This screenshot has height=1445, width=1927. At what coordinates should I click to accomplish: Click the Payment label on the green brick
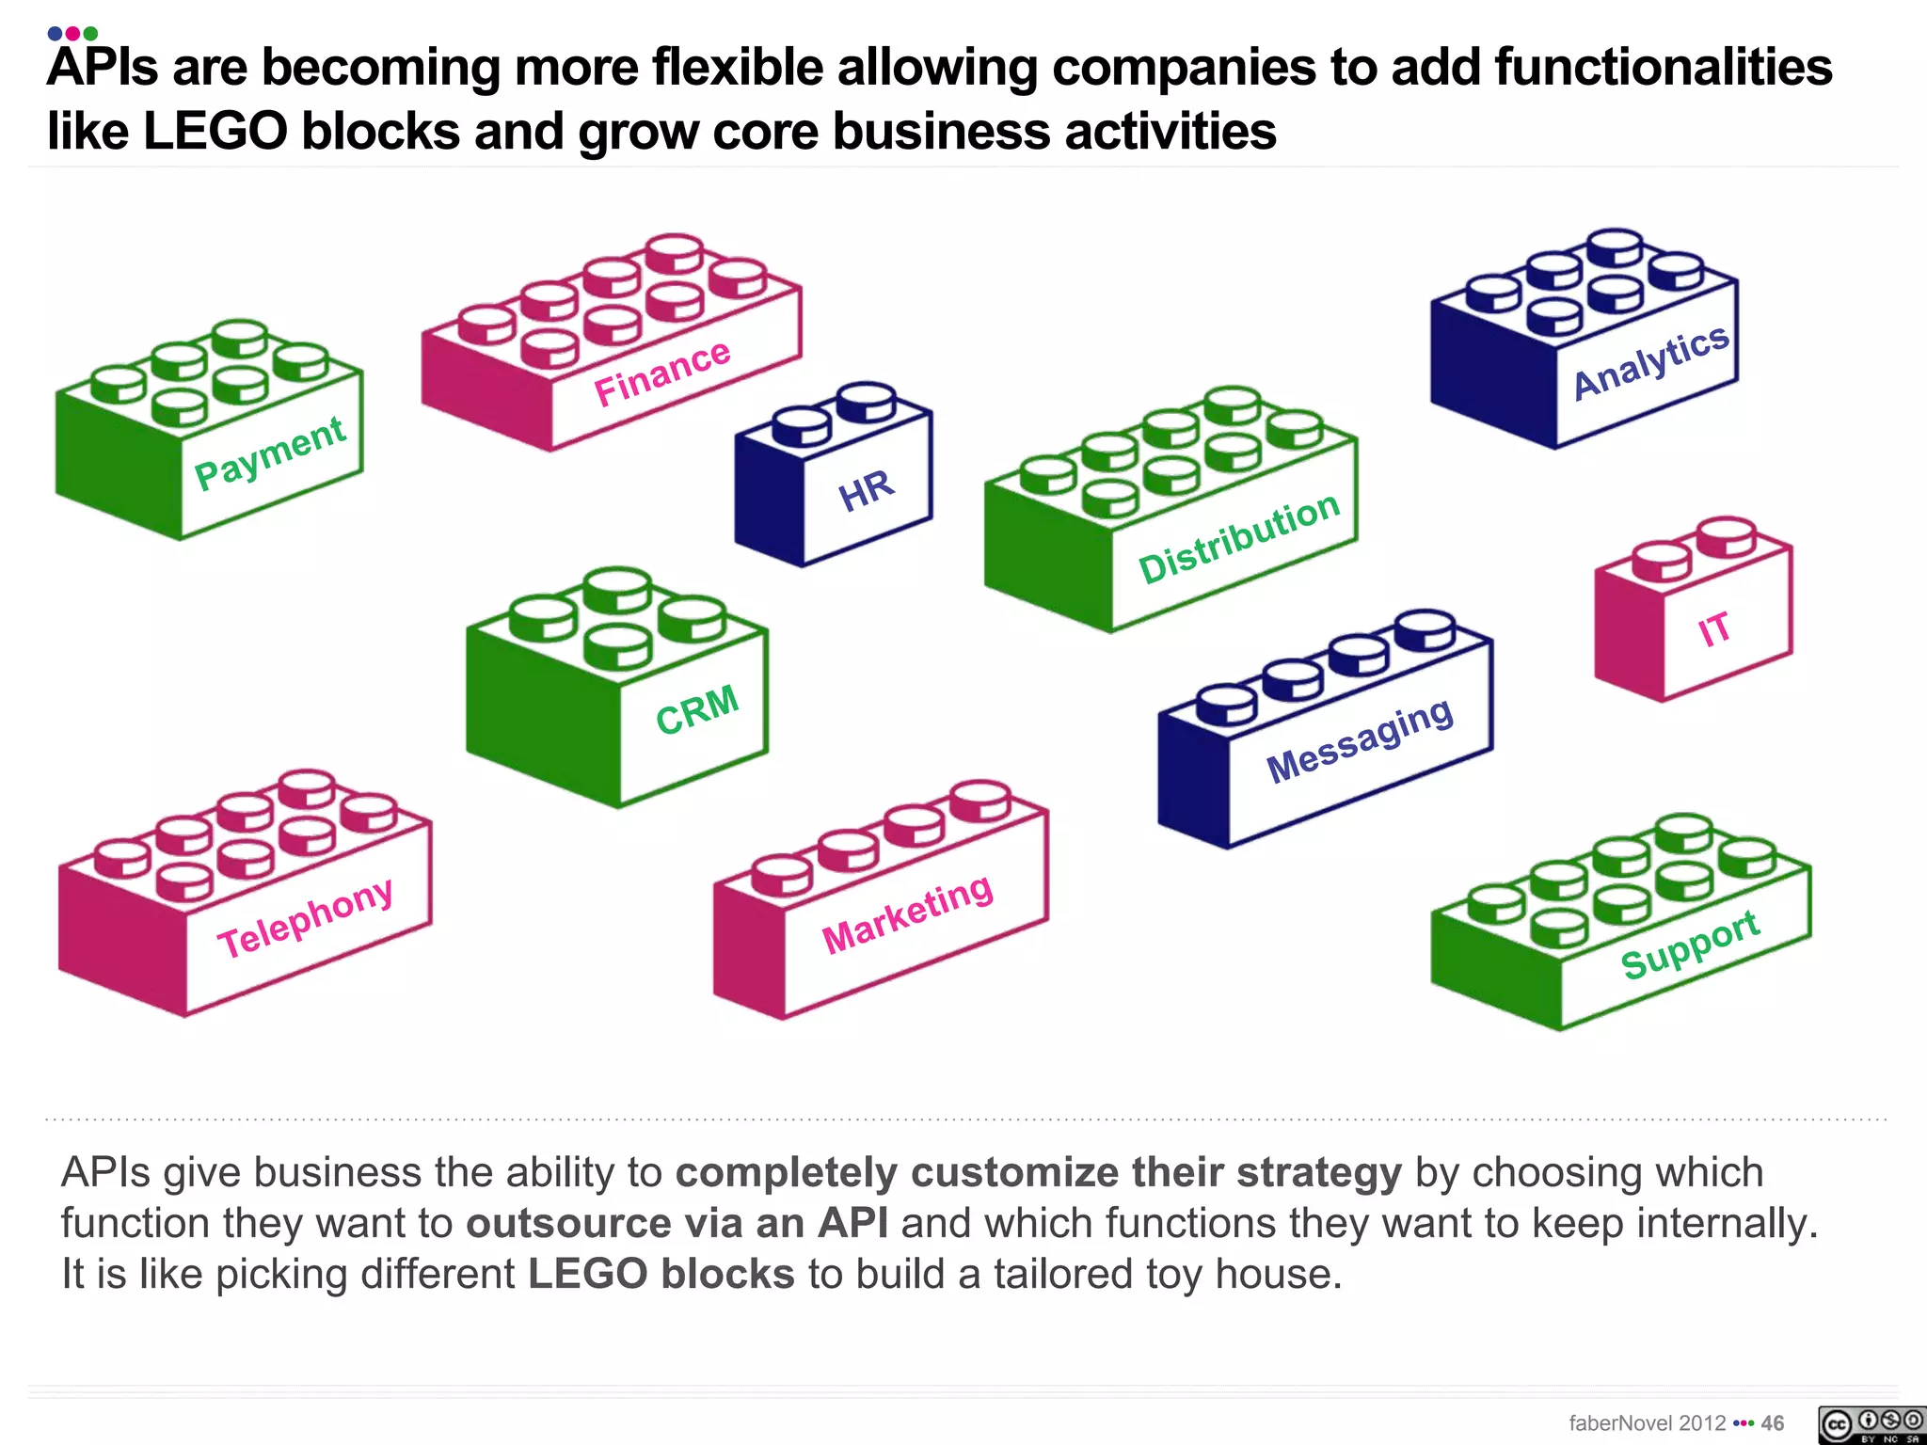270,453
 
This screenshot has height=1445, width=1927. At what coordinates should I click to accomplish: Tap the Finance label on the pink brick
662,373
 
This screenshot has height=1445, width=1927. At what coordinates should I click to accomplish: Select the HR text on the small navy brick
866,490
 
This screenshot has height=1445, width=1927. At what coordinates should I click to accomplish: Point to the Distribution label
1238,538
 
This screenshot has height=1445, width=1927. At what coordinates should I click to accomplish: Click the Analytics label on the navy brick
1650,361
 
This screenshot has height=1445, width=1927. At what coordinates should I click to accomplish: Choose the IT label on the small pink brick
1714,628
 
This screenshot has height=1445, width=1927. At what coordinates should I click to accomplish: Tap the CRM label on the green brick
697,709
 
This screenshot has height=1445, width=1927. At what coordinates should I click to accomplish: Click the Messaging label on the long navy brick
1360,740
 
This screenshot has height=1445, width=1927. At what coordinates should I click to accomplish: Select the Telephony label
306,918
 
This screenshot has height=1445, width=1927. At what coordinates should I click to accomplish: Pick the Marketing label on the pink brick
907,913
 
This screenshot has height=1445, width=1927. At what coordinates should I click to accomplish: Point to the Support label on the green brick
1690,945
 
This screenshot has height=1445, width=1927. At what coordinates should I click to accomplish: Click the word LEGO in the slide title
215,131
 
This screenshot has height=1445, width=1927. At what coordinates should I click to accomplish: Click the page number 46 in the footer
1773,1423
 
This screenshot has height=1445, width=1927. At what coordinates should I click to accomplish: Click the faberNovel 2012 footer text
1647,1423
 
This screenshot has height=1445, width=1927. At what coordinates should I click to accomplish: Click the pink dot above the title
72,34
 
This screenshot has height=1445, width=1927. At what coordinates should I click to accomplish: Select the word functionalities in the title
1664,68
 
